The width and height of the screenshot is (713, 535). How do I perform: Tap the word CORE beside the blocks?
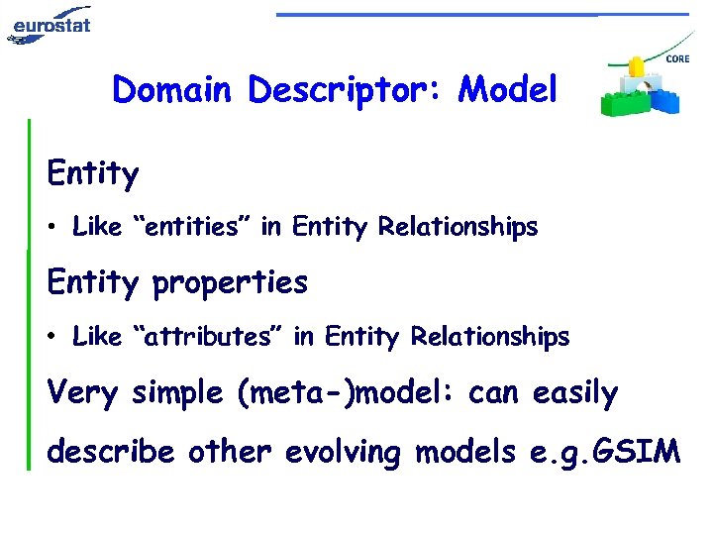pos(677,59)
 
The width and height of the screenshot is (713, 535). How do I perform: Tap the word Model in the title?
pos(509,90)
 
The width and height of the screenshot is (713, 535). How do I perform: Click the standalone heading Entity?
pos(93,174)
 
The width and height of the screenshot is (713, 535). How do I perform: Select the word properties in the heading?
pos(230,283)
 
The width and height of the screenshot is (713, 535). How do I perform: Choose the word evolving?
pos(345,453)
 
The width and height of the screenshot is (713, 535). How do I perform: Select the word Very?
pos(82,393)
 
